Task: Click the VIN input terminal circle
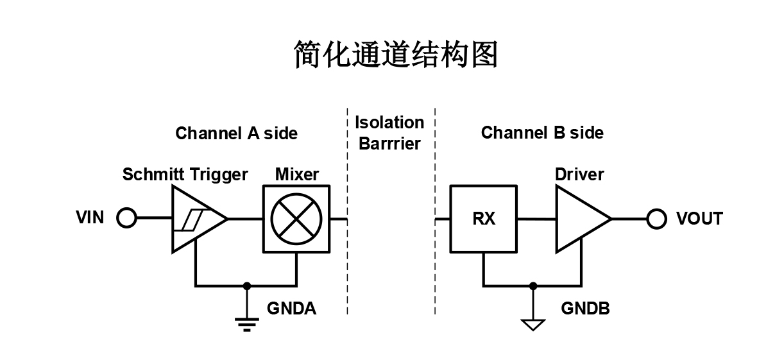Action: (x=126, y=219)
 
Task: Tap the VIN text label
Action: (x=90, y=218)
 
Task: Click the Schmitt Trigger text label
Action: (x=185, y=175)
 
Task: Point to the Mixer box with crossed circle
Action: (x=296, y=219)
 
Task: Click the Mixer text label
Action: (x=296, y=175)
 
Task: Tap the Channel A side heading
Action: (x=236, y=133)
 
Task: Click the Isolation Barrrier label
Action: (x=389, y=133)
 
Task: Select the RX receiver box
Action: (x=483, y=219)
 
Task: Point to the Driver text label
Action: (x=579, y=175)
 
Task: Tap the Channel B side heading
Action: (x=542, y=133)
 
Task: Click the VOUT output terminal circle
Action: (x=656, y=219)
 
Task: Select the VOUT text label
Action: (x=699, y=219)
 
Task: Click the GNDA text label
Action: (x=291, y=309)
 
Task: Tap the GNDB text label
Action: (x=585, y=309)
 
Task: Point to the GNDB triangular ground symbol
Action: (x=532, y=325)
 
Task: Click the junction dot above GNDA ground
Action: (x=246, y=286)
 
